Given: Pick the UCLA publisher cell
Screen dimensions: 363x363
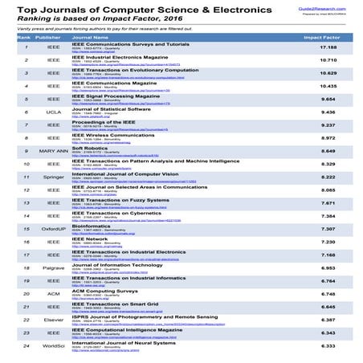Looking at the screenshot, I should tap(52, 135).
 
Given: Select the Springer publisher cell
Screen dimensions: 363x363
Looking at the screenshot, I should tap(52, 198).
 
